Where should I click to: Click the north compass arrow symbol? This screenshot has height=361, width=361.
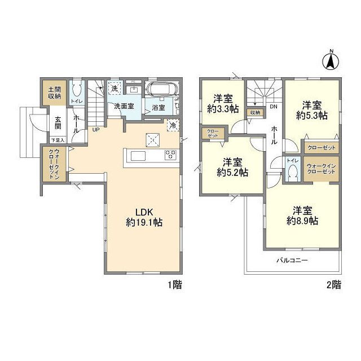(332, 59)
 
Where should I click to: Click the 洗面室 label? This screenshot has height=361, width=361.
(124, 105)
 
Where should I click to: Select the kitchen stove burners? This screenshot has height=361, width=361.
(171, 155)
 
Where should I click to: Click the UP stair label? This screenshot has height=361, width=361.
(96, 129)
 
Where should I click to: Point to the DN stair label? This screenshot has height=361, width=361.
(273, 107)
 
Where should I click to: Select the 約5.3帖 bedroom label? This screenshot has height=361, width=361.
(311, 110)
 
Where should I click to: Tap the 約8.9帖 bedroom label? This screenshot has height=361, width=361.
(303, 216)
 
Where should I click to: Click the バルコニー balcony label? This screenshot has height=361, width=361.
(292, 261)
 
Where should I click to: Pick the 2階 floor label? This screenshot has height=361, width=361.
(333, 285)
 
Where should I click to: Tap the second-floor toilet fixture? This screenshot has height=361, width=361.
(292, 174)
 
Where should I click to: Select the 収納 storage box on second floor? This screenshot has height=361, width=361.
(255, 113)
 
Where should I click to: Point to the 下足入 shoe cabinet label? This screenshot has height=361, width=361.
(58, 139)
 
